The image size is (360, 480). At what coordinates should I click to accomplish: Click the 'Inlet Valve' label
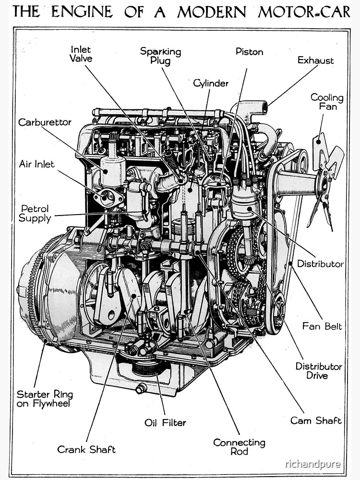(x=81, y=54)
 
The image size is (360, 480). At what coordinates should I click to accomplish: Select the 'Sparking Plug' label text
(x=160, y=56)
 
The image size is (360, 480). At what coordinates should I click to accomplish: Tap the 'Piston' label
(x=249, y=52)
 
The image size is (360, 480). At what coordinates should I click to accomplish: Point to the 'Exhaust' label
(x=315, y=60)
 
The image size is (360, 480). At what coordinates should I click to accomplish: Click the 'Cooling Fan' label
(x=327, y=102)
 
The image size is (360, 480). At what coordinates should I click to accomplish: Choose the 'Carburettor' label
(x=45, y=122)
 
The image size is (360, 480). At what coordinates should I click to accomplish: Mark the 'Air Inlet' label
(x=37, y=164)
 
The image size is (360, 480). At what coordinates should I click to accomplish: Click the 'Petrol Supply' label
(x=36, y=214)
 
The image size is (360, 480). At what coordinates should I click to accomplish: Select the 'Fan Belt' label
(x=322, y=326)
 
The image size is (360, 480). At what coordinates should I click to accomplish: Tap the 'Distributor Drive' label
(x=319, y=371)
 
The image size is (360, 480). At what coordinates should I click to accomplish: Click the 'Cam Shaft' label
(x=316, y=420)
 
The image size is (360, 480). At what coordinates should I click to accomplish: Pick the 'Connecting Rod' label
(x=239, y=447)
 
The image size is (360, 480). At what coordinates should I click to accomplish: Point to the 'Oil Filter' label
(x=165, y=423)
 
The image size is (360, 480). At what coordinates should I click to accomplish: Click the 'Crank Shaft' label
(x=86, y=450)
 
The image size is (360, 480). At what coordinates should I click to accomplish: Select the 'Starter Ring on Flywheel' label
(x=45, y=399)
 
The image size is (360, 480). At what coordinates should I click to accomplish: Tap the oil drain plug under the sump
(x=141, y=388)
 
